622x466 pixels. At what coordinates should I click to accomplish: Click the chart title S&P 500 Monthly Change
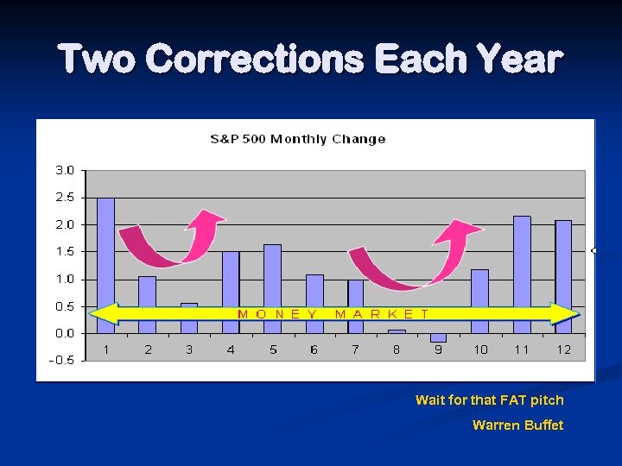[x=298, y=139]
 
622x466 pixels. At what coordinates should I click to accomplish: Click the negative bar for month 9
[x=439, y=337]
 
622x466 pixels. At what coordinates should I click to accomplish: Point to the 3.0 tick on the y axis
[x=65, y=170]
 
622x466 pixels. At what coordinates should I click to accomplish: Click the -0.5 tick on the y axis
[x=63, y=361]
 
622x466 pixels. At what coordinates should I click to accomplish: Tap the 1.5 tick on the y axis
[x=65, y=252]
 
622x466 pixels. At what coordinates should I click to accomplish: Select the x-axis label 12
[x=563, y=349]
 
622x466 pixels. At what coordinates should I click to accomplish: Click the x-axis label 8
[x=397, y=349]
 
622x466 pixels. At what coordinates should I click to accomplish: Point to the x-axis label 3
[x=189, y=349]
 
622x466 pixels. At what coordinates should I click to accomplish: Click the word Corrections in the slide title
[x=256, y=60]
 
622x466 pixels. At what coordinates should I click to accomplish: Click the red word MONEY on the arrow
[x=277, y=314]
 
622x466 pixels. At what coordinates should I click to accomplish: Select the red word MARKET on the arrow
[x=381, y=314]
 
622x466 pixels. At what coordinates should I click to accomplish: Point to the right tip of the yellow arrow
[x=576, y=314]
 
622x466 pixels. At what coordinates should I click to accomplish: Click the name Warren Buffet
[x=517, y=425]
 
